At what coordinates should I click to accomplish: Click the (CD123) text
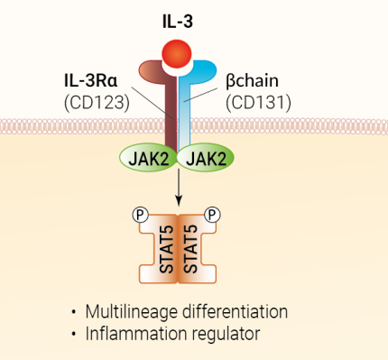tap(96, 104)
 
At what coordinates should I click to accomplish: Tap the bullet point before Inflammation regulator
tap(73, 334)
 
